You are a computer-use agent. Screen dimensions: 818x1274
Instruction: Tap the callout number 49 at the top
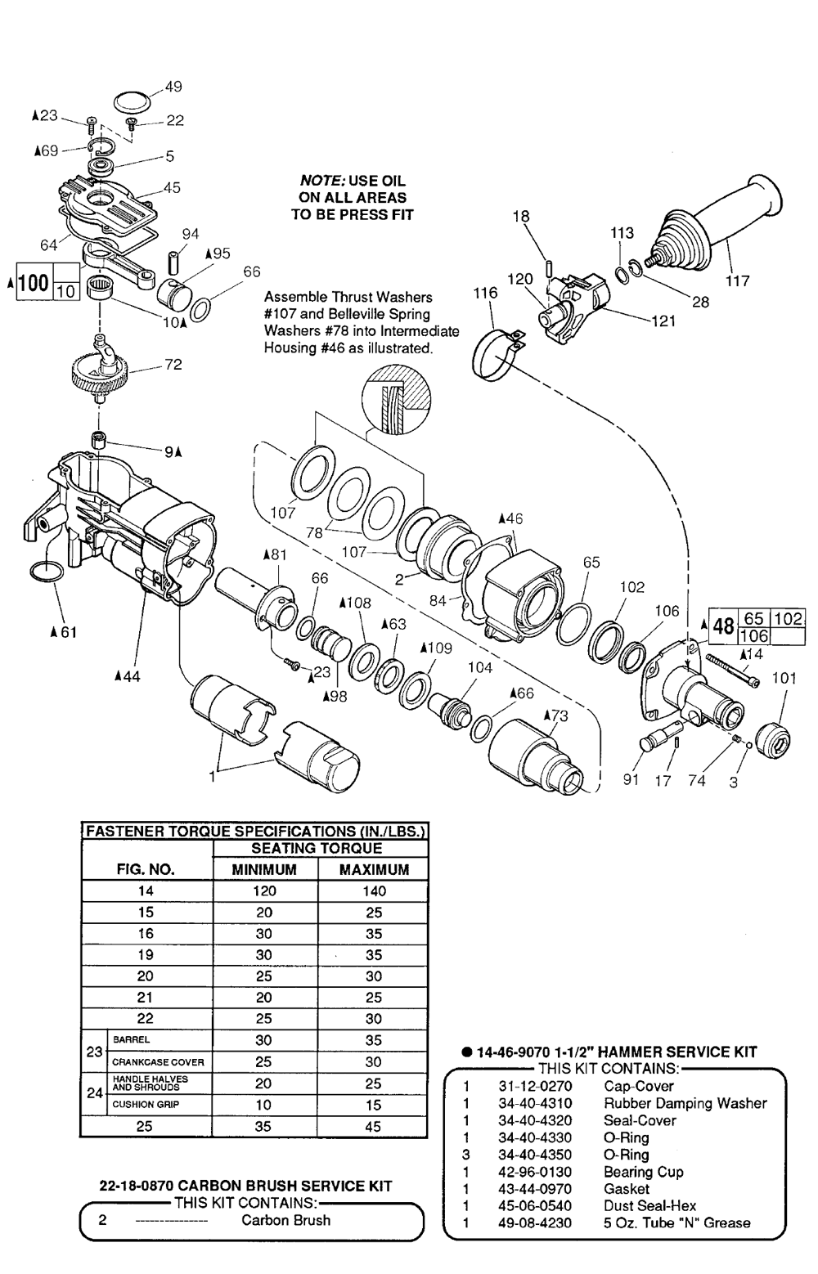pos(173,87)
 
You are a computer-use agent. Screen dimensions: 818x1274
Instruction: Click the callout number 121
pos(663,321)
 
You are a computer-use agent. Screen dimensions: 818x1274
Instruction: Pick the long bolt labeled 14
pos(733,671)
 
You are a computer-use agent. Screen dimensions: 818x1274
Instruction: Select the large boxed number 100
pos(34,281)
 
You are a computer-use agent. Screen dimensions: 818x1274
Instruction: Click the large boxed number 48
pos(723,626)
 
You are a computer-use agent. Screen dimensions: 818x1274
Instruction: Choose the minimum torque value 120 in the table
pos(264,891)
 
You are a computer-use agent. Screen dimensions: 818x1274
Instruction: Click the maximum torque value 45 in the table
pos(372,1126)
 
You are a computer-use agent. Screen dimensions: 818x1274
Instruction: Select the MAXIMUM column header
pos(374,869)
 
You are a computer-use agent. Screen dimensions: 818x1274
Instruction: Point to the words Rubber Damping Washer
pos(685,1103)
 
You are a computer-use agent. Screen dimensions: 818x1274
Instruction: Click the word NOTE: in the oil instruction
pos(322,181)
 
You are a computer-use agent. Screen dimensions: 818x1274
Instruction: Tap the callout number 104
pos(479,667)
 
